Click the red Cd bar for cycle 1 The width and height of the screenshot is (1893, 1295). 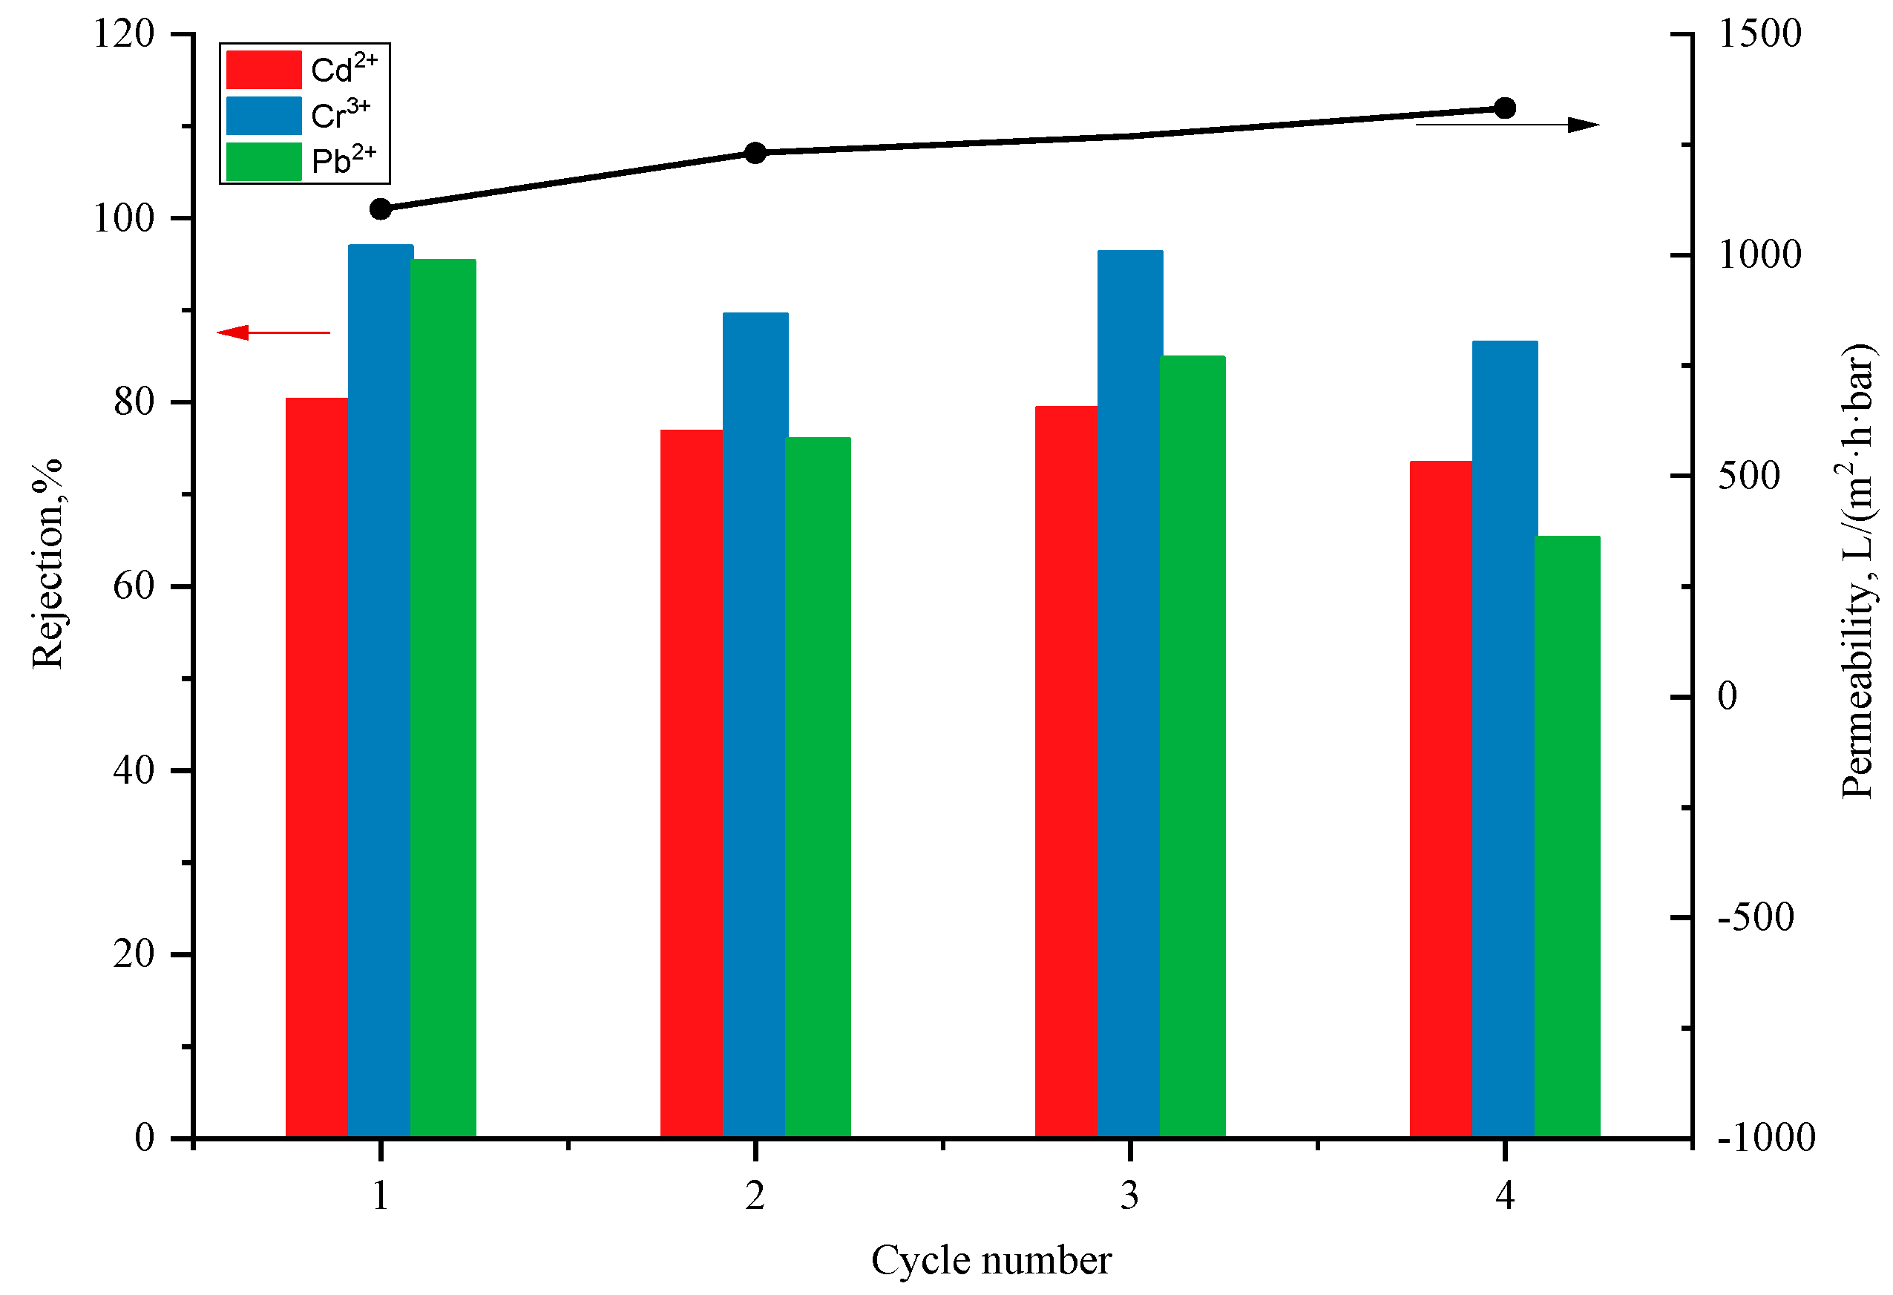point(316,766)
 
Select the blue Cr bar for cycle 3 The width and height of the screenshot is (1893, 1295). point(1129,692)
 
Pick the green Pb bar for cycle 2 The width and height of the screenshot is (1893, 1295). point(818,786)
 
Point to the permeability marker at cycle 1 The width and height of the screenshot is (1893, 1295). point(381,209)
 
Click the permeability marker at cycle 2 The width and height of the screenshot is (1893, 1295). point(755,153)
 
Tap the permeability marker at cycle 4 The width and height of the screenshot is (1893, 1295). point(1504,108)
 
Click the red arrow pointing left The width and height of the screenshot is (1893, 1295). point(273,332)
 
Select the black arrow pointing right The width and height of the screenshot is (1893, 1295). point(1507,125)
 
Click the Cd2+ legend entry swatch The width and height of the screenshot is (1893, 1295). point(264,70)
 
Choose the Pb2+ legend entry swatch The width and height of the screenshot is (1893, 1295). point(264,161)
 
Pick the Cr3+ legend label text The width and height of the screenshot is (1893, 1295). point(341,115)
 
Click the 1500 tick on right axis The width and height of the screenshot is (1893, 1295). point(1759,35)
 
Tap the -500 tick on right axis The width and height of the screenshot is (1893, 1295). point(1755,918)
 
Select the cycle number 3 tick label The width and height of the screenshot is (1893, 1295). point(1129,1196)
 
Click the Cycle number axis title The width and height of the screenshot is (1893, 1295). point(991,1261)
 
